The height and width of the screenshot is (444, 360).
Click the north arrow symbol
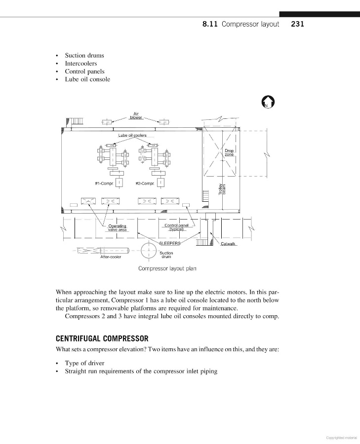point(268,102)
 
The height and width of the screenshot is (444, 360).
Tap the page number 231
point(297,24)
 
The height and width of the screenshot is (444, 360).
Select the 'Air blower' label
point(135,116)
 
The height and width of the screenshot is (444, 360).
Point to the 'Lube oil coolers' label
point(132,135)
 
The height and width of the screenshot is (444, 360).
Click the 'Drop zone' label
point(229,153)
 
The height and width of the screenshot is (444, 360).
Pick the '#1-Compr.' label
point(104,183)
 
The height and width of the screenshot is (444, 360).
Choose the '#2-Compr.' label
point(145,183)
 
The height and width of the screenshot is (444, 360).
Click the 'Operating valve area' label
point(117,227)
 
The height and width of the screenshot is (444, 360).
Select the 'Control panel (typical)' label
point(176,227)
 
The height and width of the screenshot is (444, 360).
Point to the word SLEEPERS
point(169,243)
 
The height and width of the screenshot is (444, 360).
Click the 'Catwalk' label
point(229,244)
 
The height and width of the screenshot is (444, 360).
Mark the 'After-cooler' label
point(111,257)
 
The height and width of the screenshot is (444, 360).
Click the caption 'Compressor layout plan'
point(167,269)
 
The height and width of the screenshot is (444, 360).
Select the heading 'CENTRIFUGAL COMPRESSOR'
point(102,339)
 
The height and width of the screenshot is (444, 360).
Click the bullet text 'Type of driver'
point(84,363)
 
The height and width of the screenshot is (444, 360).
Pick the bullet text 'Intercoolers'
point(81,64)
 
